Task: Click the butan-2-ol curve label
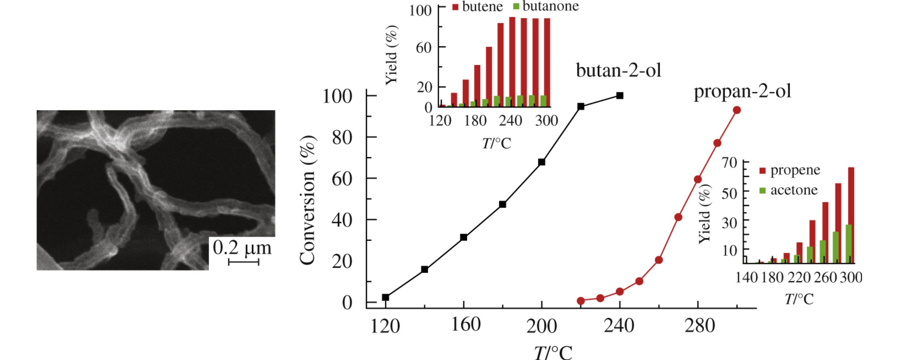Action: tap(618, 70)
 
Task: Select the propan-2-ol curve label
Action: tap(742, 91)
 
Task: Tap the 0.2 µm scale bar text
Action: tap(242, 247)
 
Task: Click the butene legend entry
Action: tap(477, 7)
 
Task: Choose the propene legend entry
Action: tap(790, 170)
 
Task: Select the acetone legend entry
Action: tap(789, 190)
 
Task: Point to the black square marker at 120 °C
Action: tap(386, 297)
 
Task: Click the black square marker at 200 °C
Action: tap(542, 162)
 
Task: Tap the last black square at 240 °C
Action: tap(620, 95)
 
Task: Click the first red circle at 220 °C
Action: tap(581, 301)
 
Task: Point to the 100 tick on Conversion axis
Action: tap(337, 96)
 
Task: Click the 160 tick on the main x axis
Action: tap(466, 325)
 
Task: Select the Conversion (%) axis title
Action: tap(307, 200)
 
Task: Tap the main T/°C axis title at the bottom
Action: tap(553, 352)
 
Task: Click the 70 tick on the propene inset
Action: tap(729, 163)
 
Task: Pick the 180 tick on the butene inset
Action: tap(475, 121)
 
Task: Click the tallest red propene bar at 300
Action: tap(851, 215)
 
